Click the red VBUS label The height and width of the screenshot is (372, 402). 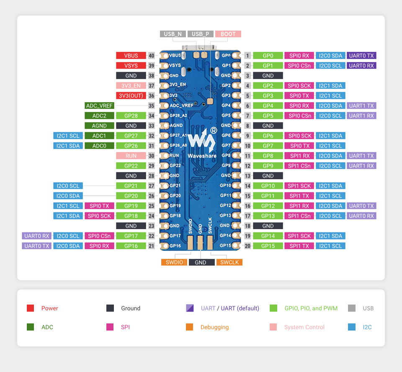tap(131, 55)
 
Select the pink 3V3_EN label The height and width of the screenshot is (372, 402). tap(131, 85)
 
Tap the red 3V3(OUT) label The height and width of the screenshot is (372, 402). tap(131, 96)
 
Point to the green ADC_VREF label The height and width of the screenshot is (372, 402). tap(99, 106)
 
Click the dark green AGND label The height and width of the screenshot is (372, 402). tap(99, 126)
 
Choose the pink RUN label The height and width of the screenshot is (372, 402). tap(131, 155)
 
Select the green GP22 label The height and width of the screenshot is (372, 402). tap(131, 165)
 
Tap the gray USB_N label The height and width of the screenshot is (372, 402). tap(173, 34)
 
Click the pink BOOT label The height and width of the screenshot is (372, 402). tap(228, 34)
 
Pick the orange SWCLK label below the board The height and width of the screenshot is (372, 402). tap(229, 262)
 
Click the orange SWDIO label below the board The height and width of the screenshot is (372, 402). tap(174, 262)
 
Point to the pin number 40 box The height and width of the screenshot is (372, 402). tap(152, 55)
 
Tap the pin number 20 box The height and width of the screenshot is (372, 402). tap(248, 246)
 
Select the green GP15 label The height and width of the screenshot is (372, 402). tap(268, 246)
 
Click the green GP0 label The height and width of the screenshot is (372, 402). tap(268, 55)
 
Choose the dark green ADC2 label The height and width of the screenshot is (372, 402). tap(99, 116)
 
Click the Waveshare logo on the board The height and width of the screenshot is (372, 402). tap(202, 142)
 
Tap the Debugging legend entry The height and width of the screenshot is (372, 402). tap(214, 327)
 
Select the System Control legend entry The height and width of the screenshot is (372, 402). tap(304, 327)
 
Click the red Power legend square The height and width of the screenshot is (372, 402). tap(30, 308)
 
